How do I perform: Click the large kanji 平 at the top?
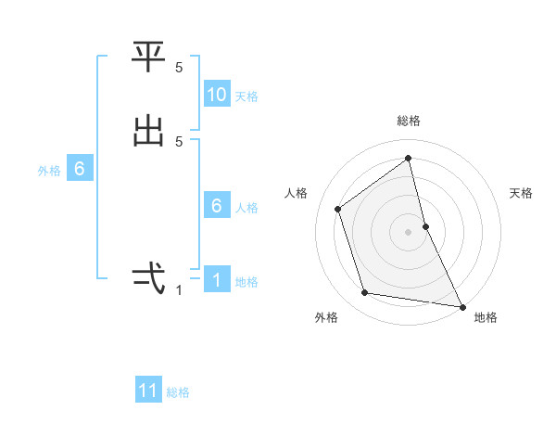point(148,58)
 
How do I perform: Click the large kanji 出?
point(148,130)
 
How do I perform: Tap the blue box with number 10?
point(217,95)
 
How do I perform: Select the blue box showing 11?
point(148,391)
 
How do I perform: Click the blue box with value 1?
point(217,280)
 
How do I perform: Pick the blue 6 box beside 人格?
point(217,206)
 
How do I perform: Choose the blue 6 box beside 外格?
point(80,169)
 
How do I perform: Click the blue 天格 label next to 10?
point(246,96)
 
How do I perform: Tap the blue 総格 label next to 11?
point(178,392)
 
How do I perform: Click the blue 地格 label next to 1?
point(246,282)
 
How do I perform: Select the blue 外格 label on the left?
point(49,171)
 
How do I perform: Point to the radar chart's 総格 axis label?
point(409,121)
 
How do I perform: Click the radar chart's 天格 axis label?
point(522,193)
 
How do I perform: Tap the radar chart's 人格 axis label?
point(296,193)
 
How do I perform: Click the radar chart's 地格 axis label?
point(486,317)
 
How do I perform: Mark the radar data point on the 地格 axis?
point(461,305)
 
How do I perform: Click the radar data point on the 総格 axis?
point(409,159)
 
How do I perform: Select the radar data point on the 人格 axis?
point(338,209)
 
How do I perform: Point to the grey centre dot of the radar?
point(409,231)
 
